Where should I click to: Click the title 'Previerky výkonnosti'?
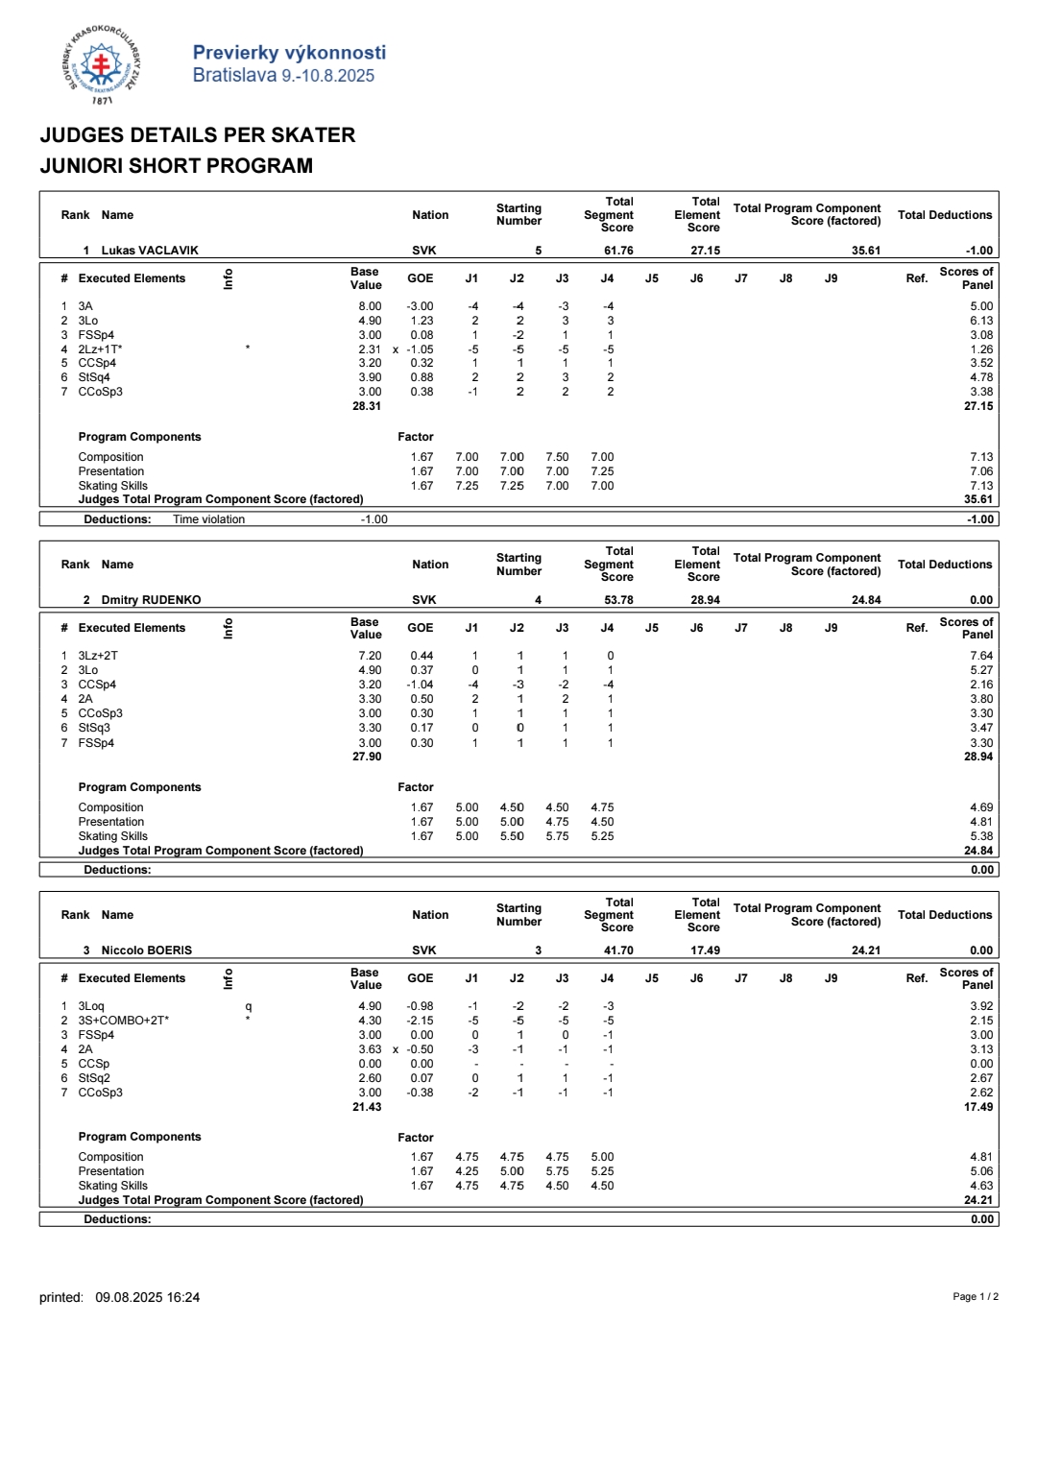coord(289,53)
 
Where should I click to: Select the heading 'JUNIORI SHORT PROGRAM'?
coord(176,165)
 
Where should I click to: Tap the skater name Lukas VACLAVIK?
coord(150,251)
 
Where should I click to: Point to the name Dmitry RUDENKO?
coord(151,600)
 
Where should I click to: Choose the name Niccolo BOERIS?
coord(146,950)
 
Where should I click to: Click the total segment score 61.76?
coord(618,251)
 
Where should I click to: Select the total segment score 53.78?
coord(618,600)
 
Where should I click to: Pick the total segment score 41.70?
coord(618,950)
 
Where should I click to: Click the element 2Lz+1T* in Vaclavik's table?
coord(100,349)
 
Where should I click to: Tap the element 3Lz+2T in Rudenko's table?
coord(98,656)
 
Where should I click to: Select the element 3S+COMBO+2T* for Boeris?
coord(123,1021)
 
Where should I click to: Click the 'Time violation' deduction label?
coord(208,519)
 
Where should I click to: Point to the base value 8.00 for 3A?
coord(370,306)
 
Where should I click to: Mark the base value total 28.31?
coord(367,406)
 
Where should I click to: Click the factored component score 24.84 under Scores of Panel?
coord(978,851)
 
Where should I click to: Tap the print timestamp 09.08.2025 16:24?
coord(147,1297)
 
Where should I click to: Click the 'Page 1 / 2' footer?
coord(975,1297)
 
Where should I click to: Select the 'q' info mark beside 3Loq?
coord(249,1006)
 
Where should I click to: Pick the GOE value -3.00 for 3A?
coord(420,306)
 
